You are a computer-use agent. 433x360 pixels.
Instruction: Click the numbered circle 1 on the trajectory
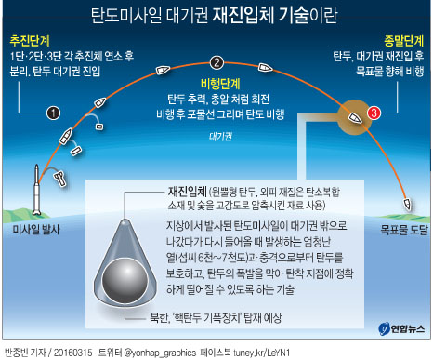(x=53, y=113)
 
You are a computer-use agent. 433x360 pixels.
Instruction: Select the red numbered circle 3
(x=374, y=113)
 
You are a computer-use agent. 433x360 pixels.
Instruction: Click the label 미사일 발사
(x=35, y=228)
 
